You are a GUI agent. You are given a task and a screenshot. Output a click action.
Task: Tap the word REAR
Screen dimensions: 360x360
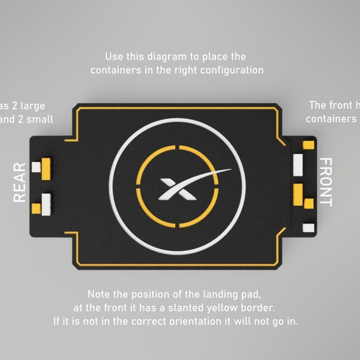coord(20,182)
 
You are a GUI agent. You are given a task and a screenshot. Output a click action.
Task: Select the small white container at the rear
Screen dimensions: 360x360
coord(36,166)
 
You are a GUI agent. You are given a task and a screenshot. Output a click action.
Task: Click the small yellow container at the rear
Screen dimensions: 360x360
coord(36,208)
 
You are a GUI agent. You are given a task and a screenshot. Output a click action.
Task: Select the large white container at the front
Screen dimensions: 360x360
coord(298,164)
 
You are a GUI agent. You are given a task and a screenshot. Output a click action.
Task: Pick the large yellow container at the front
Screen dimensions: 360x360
coord(298,193)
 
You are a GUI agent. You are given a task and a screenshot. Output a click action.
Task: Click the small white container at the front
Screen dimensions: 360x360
coord(308,227)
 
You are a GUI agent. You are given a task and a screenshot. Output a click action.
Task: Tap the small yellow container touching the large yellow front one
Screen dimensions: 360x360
coord(308,203)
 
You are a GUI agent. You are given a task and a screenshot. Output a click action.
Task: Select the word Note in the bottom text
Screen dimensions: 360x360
coord(99,295)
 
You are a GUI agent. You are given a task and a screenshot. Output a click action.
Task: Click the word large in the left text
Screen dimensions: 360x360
coord(32,106)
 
